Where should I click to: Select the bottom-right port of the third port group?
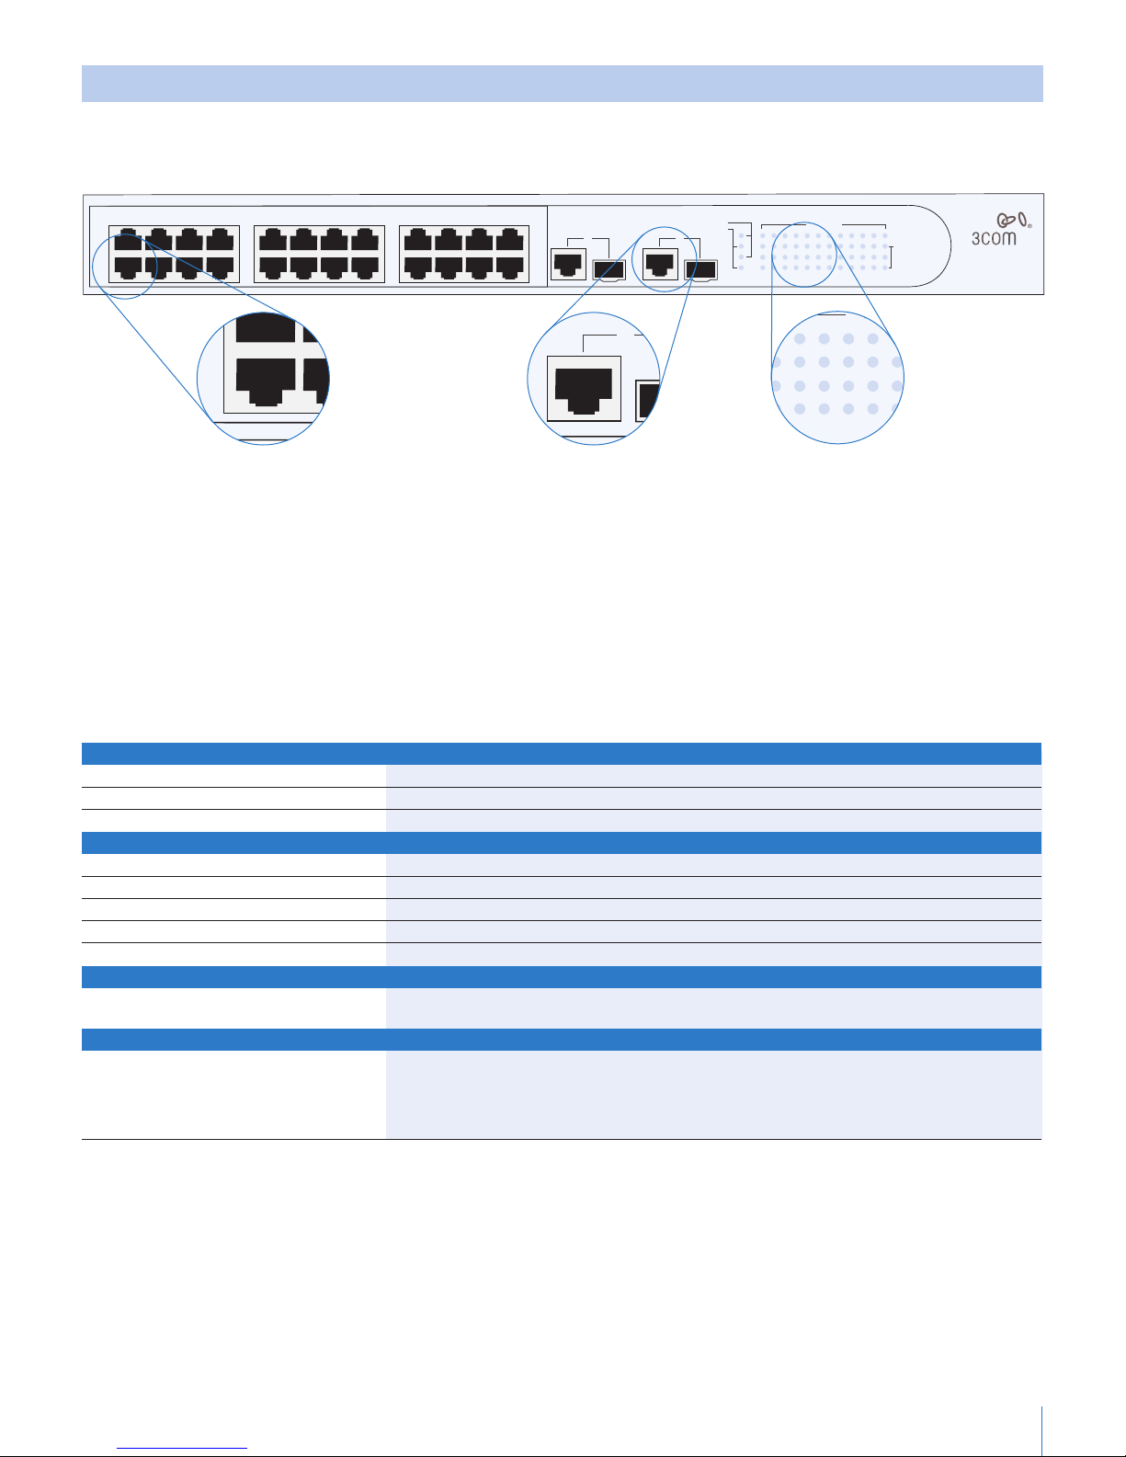pos(511,267)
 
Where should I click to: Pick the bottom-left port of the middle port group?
pos(274,267)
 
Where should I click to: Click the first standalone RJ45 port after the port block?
pos(568,265)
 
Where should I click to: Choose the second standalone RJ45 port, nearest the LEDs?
pos(661,264)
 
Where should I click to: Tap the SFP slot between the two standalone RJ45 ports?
pos(609,269)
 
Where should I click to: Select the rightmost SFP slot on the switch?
pos(700,269)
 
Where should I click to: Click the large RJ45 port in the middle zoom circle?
pos(584,388)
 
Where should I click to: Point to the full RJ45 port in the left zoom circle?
pos(266,381)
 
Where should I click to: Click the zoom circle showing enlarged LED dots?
pos(837,378)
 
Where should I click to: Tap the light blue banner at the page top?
pos(562,84)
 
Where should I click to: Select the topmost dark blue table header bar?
pos(562,754)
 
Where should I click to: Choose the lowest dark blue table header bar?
pos(562,1040)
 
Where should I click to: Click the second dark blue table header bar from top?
pos(562,843)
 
